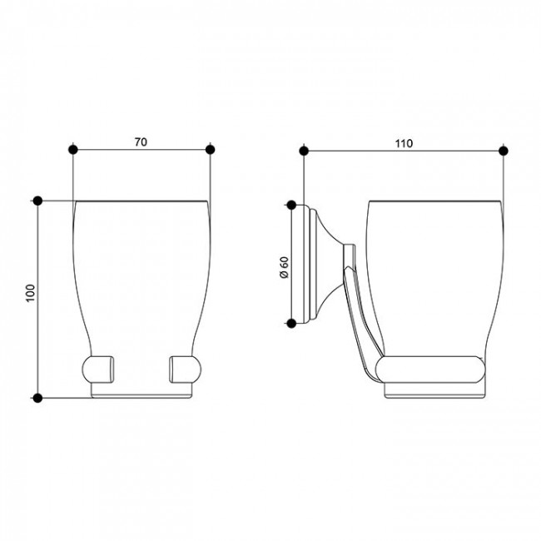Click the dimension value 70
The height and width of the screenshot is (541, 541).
click(141, 141)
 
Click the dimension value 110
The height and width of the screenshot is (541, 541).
click(404, 143)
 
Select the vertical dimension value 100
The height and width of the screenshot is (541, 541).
click(31, 293)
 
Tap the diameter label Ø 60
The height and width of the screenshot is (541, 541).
click(285, 267)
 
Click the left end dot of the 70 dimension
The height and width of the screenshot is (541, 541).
click(73, 150)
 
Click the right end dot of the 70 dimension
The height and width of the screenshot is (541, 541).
click(210, 150)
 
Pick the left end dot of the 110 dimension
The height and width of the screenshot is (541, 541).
click(304, 151)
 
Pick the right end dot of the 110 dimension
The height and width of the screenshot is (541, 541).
click(504, 151)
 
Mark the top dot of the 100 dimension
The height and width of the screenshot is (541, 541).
click(37, 201)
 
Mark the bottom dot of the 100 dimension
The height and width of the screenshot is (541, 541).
click(37, 398)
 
